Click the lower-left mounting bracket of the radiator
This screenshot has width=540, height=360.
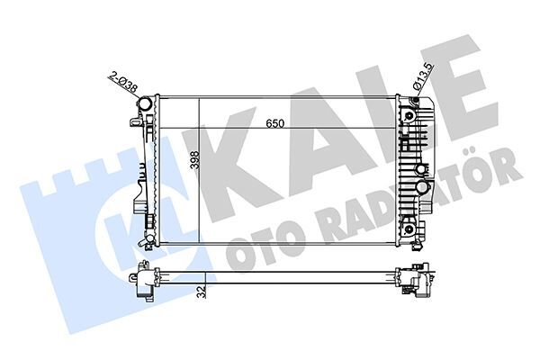(x=141, y=236)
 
